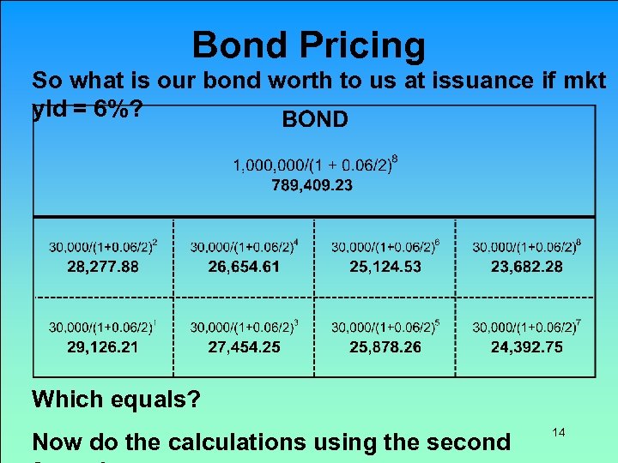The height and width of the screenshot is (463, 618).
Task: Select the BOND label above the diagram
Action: [x=315, y=119]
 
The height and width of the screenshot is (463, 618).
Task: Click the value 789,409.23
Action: [x=312, y=184]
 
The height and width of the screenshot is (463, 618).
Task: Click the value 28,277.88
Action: [x=103, y=267]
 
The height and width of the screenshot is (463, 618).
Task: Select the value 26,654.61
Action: [x=244, y=267]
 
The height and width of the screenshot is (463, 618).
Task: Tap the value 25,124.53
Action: [x=385, y=267]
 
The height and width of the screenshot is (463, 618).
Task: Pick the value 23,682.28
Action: [x=527, y=267]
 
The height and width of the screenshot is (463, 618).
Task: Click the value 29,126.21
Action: [x=103, y=347]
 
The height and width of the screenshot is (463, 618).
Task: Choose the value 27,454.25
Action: [x=244, y=347]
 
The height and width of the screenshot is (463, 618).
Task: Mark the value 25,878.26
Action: [x=385, y=347]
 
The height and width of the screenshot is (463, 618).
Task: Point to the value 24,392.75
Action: [x=527, y=347]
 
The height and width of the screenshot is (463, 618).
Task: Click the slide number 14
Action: [x=558, y=433]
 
